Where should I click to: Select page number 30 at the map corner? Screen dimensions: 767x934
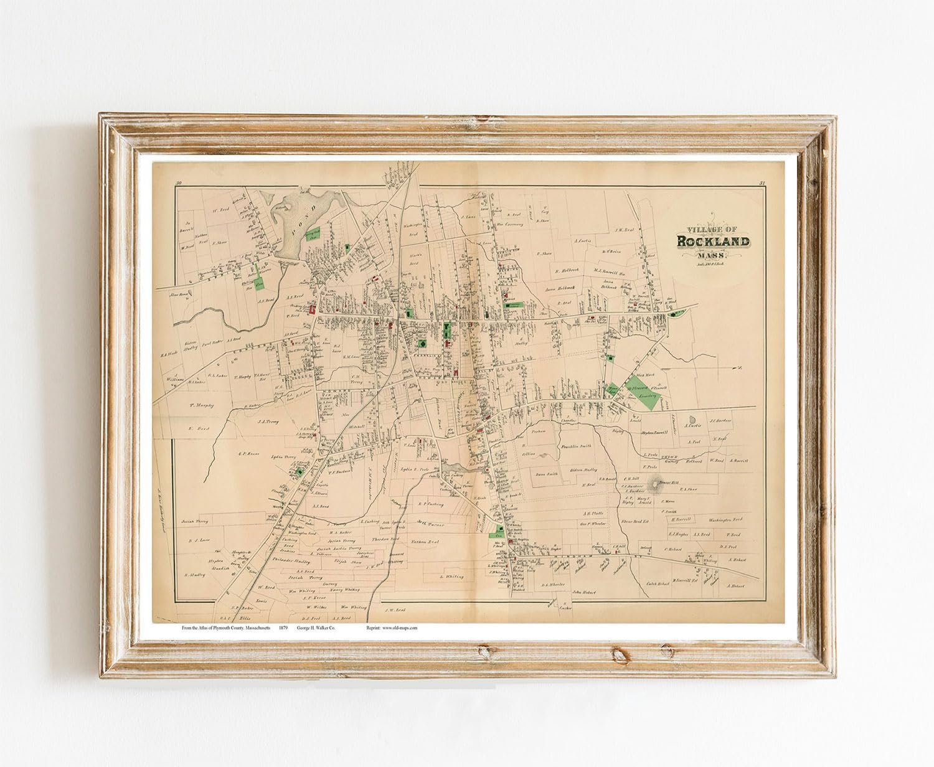click(179, 182)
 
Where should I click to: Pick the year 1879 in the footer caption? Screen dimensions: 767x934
click(283, 628)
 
